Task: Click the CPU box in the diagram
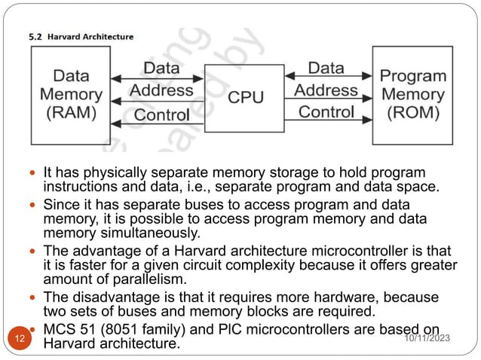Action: [246, 97]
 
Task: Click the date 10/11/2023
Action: [427, 340]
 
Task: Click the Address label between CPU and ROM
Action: [326, 90]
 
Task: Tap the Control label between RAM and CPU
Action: [161, 114]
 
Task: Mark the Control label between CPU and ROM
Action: [326, 112]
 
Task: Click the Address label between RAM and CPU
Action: [161, 90]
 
